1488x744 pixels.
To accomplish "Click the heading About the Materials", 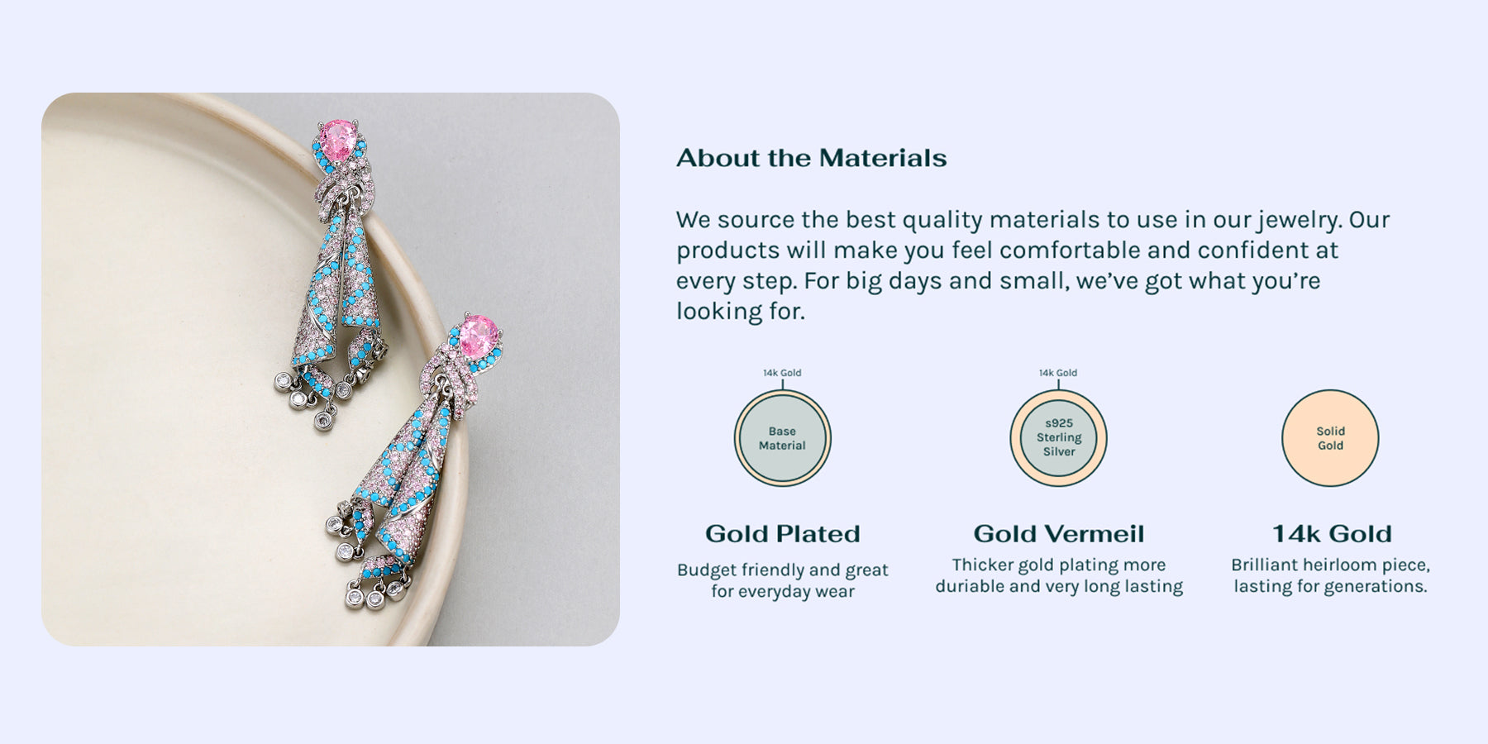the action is click(x=812, y=158).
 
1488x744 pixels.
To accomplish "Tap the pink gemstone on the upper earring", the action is click(x=337, y=136).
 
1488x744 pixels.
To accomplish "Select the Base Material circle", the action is click(x=782, y=438).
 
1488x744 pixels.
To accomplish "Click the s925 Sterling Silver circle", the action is click(x=1058, y=438).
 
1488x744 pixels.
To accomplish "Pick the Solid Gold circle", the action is click(x=1330, y=438).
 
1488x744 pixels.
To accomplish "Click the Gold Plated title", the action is click(x=782, y=534).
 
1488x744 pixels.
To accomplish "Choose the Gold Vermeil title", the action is click(x=1059, y=534).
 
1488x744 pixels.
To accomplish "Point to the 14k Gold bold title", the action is click(x=1332, y=534).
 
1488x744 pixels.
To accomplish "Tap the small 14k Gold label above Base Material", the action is click(x=782, y=373).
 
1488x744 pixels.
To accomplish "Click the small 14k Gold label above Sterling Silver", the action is click(x=1058, y=373).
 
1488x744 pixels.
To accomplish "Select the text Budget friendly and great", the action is click(x=783, y=570).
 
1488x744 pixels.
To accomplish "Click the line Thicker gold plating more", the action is click(x=1059, y=565).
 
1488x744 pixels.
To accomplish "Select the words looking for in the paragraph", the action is click(x=740, y=312).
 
